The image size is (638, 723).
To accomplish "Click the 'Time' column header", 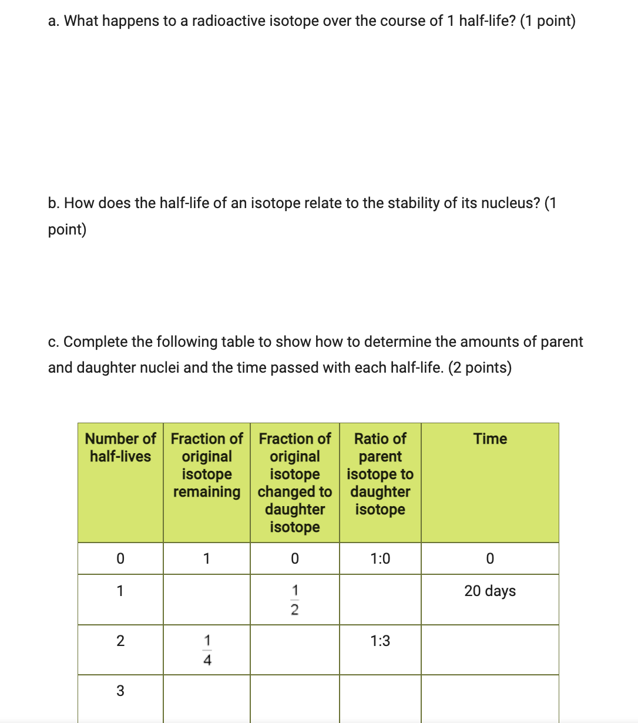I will click(490, 439).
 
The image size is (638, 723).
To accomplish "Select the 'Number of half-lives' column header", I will click(120, 447).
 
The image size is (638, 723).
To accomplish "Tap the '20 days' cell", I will click(490, 591).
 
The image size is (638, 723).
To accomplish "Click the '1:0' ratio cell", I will click(380, 558).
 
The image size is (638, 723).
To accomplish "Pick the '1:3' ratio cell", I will click(380, 641).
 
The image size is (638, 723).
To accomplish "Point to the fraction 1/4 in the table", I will click(207, 650).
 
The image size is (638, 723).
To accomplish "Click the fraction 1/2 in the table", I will click(295, 600).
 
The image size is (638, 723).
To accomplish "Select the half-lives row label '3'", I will click(120, 691).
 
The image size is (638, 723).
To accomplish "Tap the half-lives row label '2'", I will click(120, 641).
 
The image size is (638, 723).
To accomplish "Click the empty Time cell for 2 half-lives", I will click(490, 650).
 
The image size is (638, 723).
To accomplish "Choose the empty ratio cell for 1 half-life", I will click(380, 600).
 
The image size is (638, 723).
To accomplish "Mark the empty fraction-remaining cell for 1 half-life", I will click(207, 600).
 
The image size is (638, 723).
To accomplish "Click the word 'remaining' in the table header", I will click(207, 492).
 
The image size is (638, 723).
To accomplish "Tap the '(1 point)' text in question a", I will click(548, 21).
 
